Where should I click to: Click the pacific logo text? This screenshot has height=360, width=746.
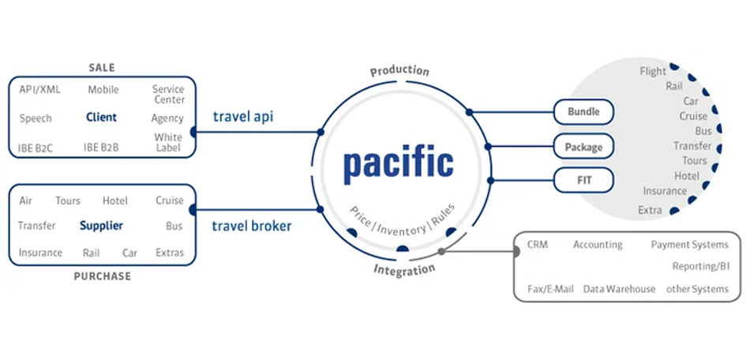398,163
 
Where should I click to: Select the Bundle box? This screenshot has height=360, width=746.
583,112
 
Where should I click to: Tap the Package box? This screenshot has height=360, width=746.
583,147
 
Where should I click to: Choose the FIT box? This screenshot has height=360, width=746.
583,181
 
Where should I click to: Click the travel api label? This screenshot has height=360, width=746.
243,118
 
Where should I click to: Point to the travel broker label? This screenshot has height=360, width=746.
251,226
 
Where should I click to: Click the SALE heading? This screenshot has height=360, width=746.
101,68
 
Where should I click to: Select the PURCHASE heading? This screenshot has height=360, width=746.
102,276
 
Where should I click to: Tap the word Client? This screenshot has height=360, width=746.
102,118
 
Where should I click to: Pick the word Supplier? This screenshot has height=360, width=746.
101,226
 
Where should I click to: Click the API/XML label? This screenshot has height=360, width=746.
39,90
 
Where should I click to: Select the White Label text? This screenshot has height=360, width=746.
168,142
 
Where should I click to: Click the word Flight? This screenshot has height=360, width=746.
653,71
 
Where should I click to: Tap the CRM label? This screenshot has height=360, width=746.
537,245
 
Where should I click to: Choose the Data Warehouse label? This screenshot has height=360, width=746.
619,289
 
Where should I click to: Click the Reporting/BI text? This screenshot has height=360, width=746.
700,267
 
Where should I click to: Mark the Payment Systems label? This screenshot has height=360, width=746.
689,245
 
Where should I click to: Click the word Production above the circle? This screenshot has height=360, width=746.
399,71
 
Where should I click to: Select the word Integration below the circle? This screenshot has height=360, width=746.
404,270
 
